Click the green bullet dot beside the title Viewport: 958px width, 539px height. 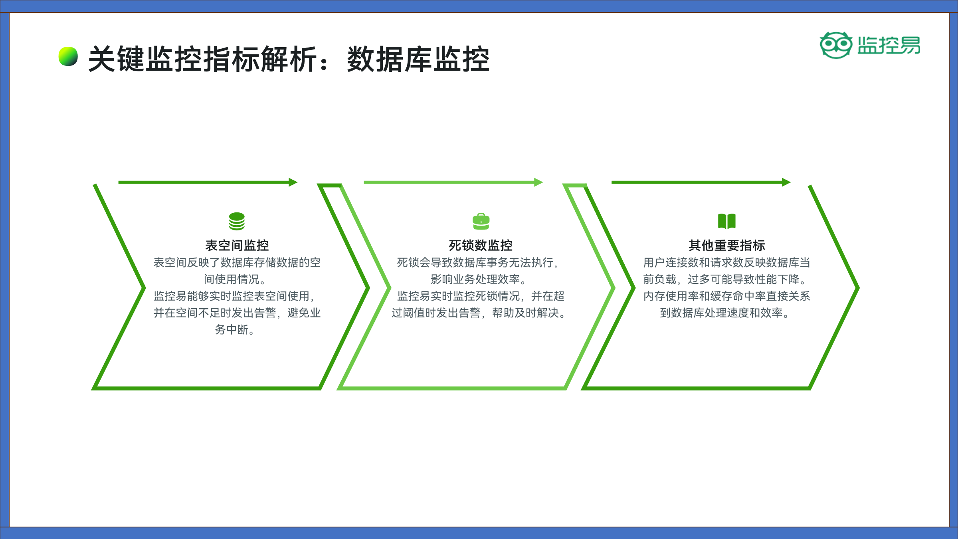pyautogui.click(x=68, y=56)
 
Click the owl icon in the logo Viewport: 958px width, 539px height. pyautogui.click(x=836, y=45)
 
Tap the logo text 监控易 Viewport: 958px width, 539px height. pyautogui.click(x=889, y=45)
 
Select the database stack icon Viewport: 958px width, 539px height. pyautogui.click(x=237, y=221)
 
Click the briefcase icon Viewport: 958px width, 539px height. pyautogui.click(x=481, y=221)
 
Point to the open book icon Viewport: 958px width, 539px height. pyautogui.click(x=727, y=221)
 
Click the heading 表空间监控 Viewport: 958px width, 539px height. pyautogui.click(x=237, y=245)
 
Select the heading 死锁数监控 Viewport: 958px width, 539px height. pyautogui.click(x=481, y=245)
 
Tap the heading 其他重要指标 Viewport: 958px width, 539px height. pyautogui.click(x=727, y=245)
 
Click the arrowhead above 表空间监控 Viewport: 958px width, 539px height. pyautogui.click(x=293, y=182)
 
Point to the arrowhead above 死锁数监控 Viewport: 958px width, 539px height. pyautogui.click(x=539, y=182)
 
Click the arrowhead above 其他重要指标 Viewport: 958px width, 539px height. pyautogui.click(x=786, y=182)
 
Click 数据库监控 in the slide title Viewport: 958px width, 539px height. pyautogui.click(x=418, y=59)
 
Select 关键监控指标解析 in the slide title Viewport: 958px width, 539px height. pyautogui.click(x=203, y=59)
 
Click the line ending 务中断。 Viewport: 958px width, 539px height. pyautogui.click(x=235, y=330)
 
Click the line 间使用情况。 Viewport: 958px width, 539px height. pyautogui.click(x=235, y=279)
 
